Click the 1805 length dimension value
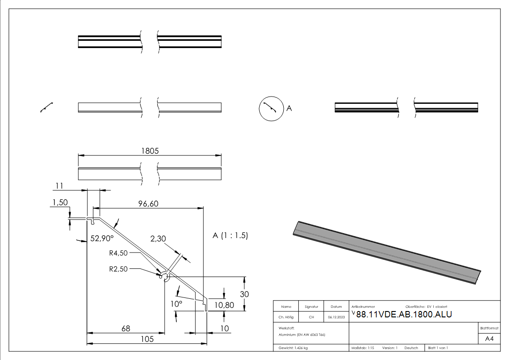[150, 151]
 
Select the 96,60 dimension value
[148, 204]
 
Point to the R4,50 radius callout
[118, 253]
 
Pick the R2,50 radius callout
[118, 268]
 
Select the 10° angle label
[176, 303]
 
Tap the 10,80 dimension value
[224, 305]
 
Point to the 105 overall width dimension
[146, 339]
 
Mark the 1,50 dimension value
[60, 203]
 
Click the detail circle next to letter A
[270, 109]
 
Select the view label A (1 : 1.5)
[230, 236]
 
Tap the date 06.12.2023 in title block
[336, 317]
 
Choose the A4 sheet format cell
[489, 339]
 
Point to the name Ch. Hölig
[286, 317]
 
